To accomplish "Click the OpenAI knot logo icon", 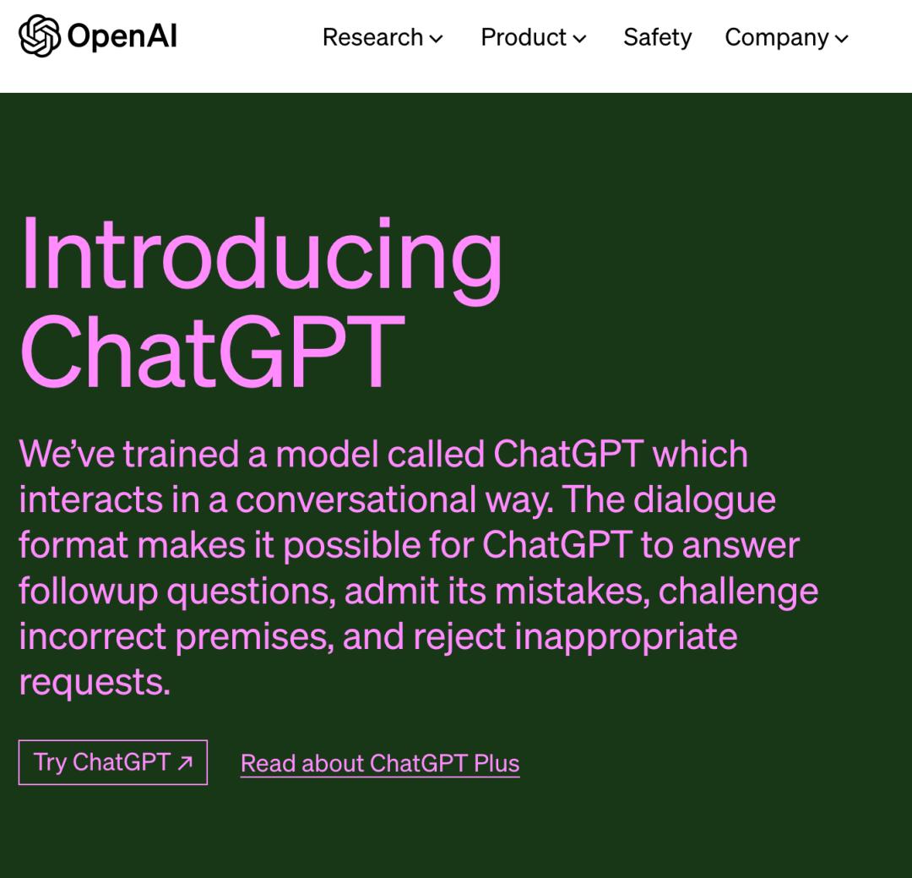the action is pyautogui.click(x=40, y=36).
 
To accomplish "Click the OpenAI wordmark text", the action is pyautogui.click(x=122, y=36).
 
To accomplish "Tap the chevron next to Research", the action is pyautogui.click(x=436, y=39).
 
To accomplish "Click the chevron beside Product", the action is pyautogui.click(x=579, y=39).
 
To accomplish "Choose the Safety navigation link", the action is pyautogui.click(x=658, y=38).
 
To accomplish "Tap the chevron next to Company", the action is pyautogui.click(x=842, y=39).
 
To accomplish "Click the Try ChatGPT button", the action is pyautogui.click(x=113, y=762).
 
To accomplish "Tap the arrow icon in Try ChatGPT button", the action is pyautogui.click(x=185, y=763).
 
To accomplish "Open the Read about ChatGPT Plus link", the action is pyautogui.click(x=380, y=763).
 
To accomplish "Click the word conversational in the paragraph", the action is pyautogui.click(x=356, y=499).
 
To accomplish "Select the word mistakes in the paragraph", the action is pyautogui.click(x=573, y=591).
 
